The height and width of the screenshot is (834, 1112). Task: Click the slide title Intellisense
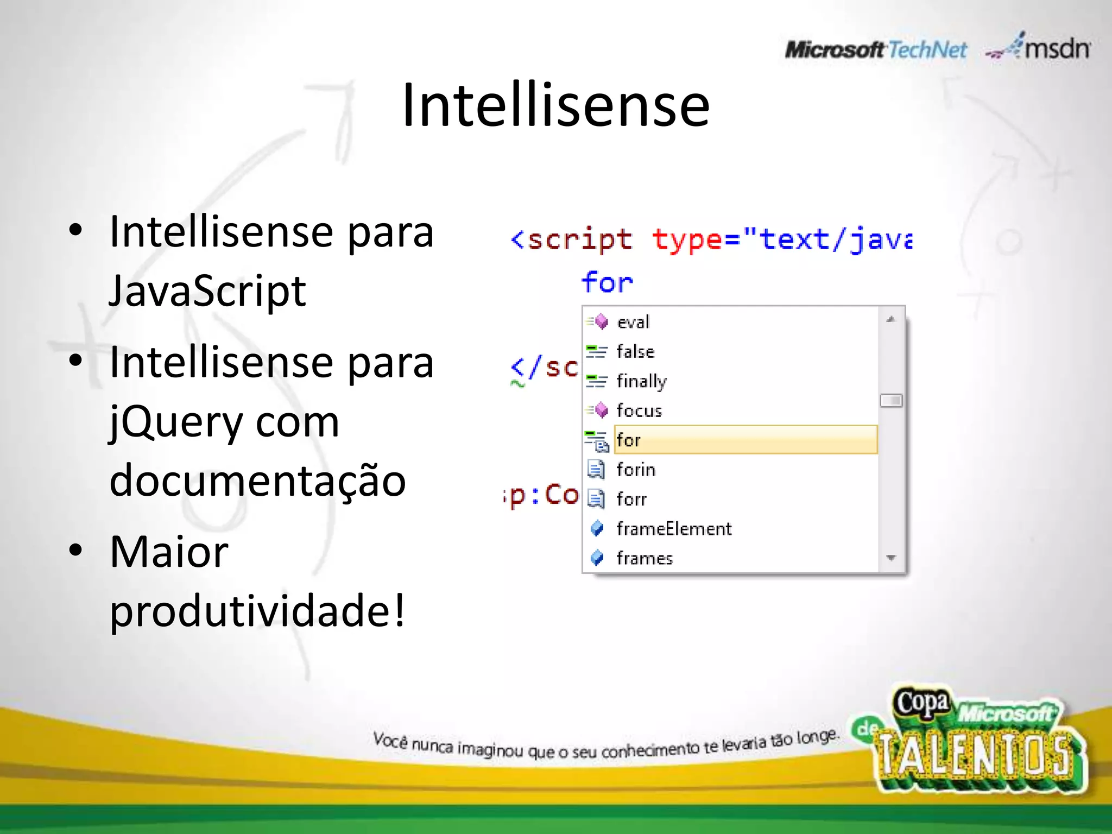pos(555,105)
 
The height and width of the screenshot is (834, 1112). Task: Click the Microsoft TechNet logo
pos(875,50)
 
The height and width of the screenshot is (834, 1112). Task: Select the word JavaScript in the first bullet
pos(207,291)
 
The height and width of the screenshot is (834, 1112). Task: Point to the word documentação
pos(257,481)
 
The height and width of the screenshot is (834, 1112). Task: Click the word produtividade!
pos(257,611)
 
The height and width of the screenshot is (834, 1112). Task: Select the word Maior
pos(169,552)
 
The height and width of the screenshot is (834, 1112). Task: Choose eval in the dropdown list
pos(633,322)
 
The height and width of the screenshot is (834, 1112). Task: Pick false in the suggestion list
pos(635,352)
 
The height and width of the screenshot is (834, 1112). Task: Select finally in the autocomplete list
pos(641,381)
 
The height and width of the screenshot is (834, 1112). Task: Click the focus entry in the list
pos(639,410)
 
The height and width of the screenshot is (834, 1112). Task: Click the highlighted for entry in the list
pos(629,440)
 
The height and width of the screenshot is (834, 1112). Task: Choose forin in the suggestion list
pos(636,470)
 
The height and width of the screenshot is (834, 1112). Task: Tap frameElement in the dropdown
pos(674,529)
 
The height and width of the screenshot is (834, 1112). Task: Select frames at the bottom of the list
pos(645,558)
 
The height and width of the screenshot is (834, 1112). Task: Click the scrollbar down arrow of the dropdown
pos(891,558)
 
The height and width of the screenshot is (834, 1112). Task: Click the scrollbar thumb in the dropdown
pos(891,401)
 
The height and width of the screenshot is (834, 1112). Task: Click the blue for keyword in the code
pos(607,282)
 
